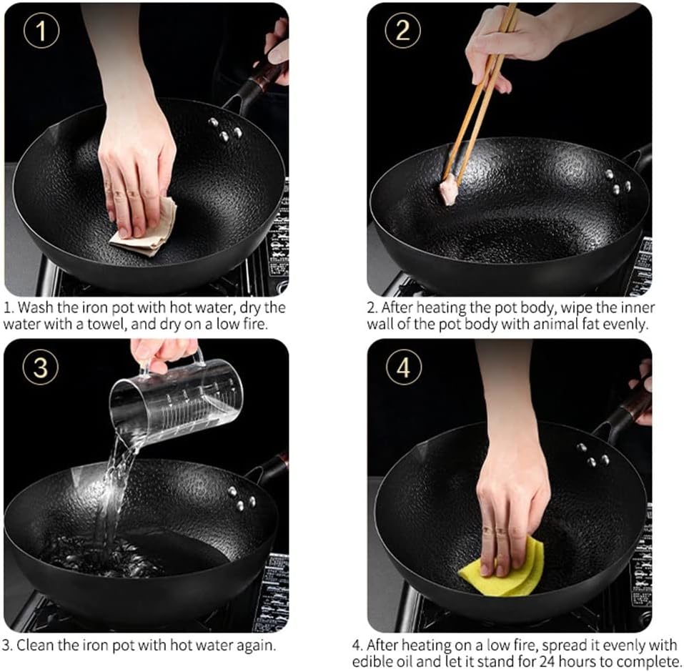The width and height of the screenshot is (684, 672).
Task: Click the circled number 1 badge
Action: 41,31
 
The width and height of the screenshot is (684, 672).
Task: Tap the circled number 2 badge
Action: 402,31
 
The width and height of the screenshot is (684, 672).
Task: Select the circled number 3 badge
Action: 41,367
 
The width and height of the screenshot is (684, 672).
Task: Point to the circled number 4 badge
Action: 404,367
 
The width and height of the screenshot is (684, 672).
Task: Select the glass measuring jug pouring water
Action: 174,402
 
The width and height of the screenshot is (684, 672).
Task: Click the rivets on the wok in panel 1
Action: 225,129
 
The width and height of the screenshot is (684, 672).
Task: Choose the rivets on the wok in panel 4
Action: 593,455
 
